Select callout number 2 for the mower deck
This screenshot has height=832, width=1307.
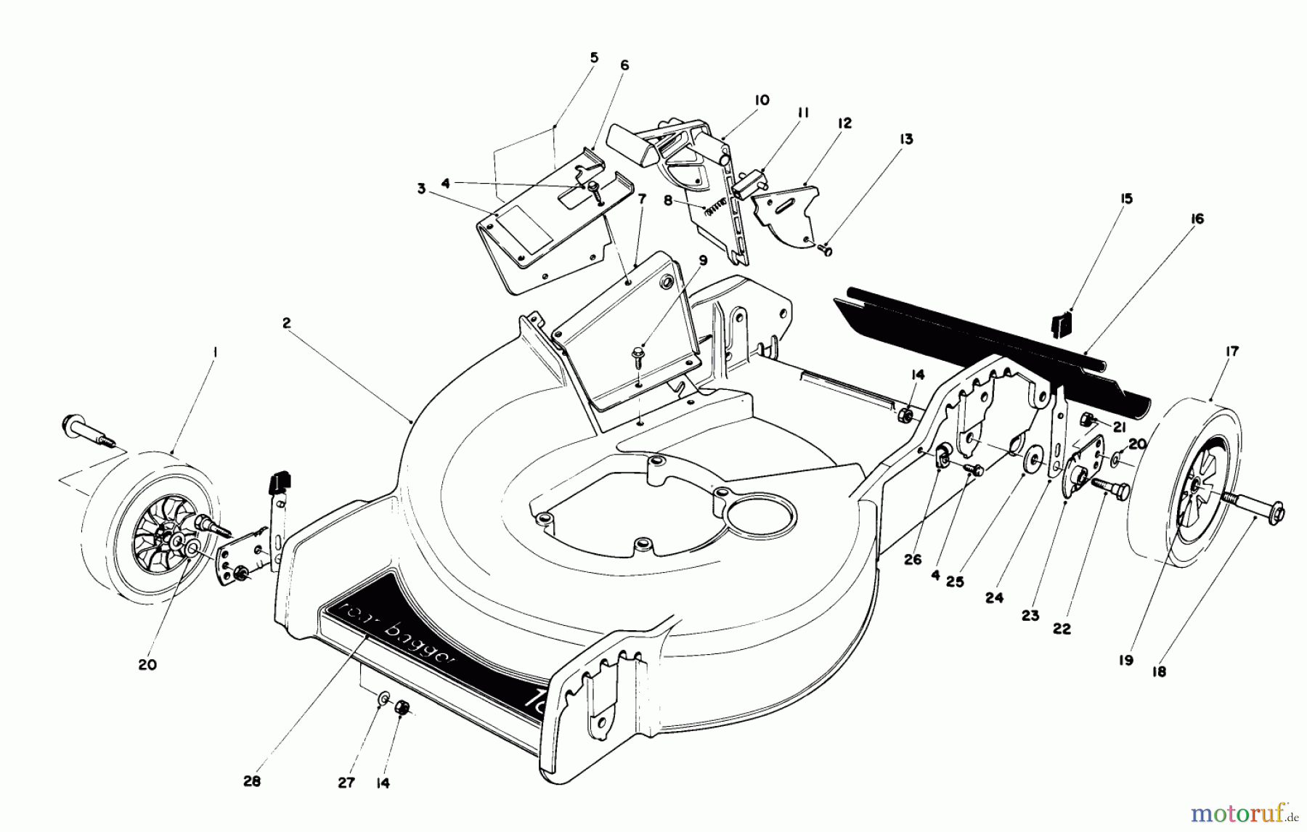coord(287,322)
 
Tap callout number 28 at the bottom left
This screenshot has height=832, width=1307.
coord(251,782)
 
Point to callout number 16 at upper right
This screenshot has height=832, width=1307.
coord(1197,219)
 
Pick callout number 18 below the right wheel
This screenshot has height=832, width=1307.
coord(1159,672)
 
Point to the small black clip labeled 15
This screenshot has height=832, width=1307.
coord(1062,325)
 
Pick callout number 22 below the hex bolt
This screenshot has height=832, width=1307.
coord(1062,629)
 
